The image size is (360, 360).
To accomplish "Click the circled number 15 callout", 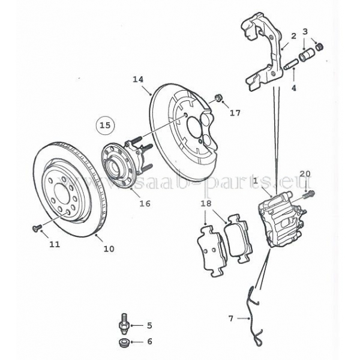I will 106,125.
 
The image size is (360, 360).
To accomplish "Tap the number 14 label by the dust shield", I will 138,79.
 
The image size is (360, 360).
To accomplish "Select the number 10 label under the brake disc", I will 109,248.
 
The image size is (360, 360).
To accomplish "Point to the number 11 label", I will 55,244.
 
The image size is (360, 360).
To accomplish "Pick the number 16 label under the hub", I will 145,203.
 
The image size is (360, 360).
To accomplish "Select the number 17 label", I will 235,113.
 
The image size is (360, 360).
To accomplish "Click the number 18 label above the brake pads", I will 206,204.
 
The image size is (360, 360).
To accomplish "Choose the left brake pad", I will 209,248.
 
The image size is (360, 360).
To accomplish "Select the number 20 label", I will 305,174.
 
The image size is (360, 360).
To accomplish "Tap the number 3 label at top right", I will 305,31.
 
